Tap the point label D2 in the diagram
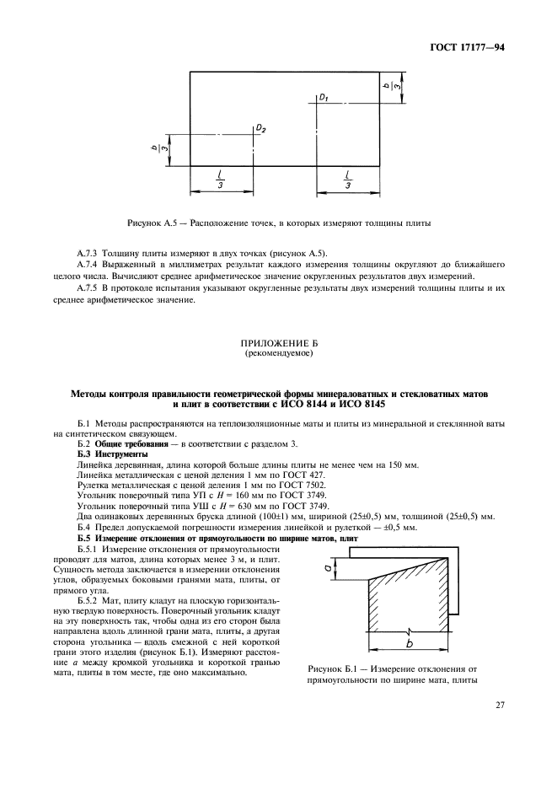pyautogui.click(x=261, y=129)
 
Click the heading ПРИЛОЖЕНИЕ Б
pyautogui.click(x=278, y=345)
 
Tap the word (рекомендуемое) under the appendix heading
pyautogui.click(x=278, y=355)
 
